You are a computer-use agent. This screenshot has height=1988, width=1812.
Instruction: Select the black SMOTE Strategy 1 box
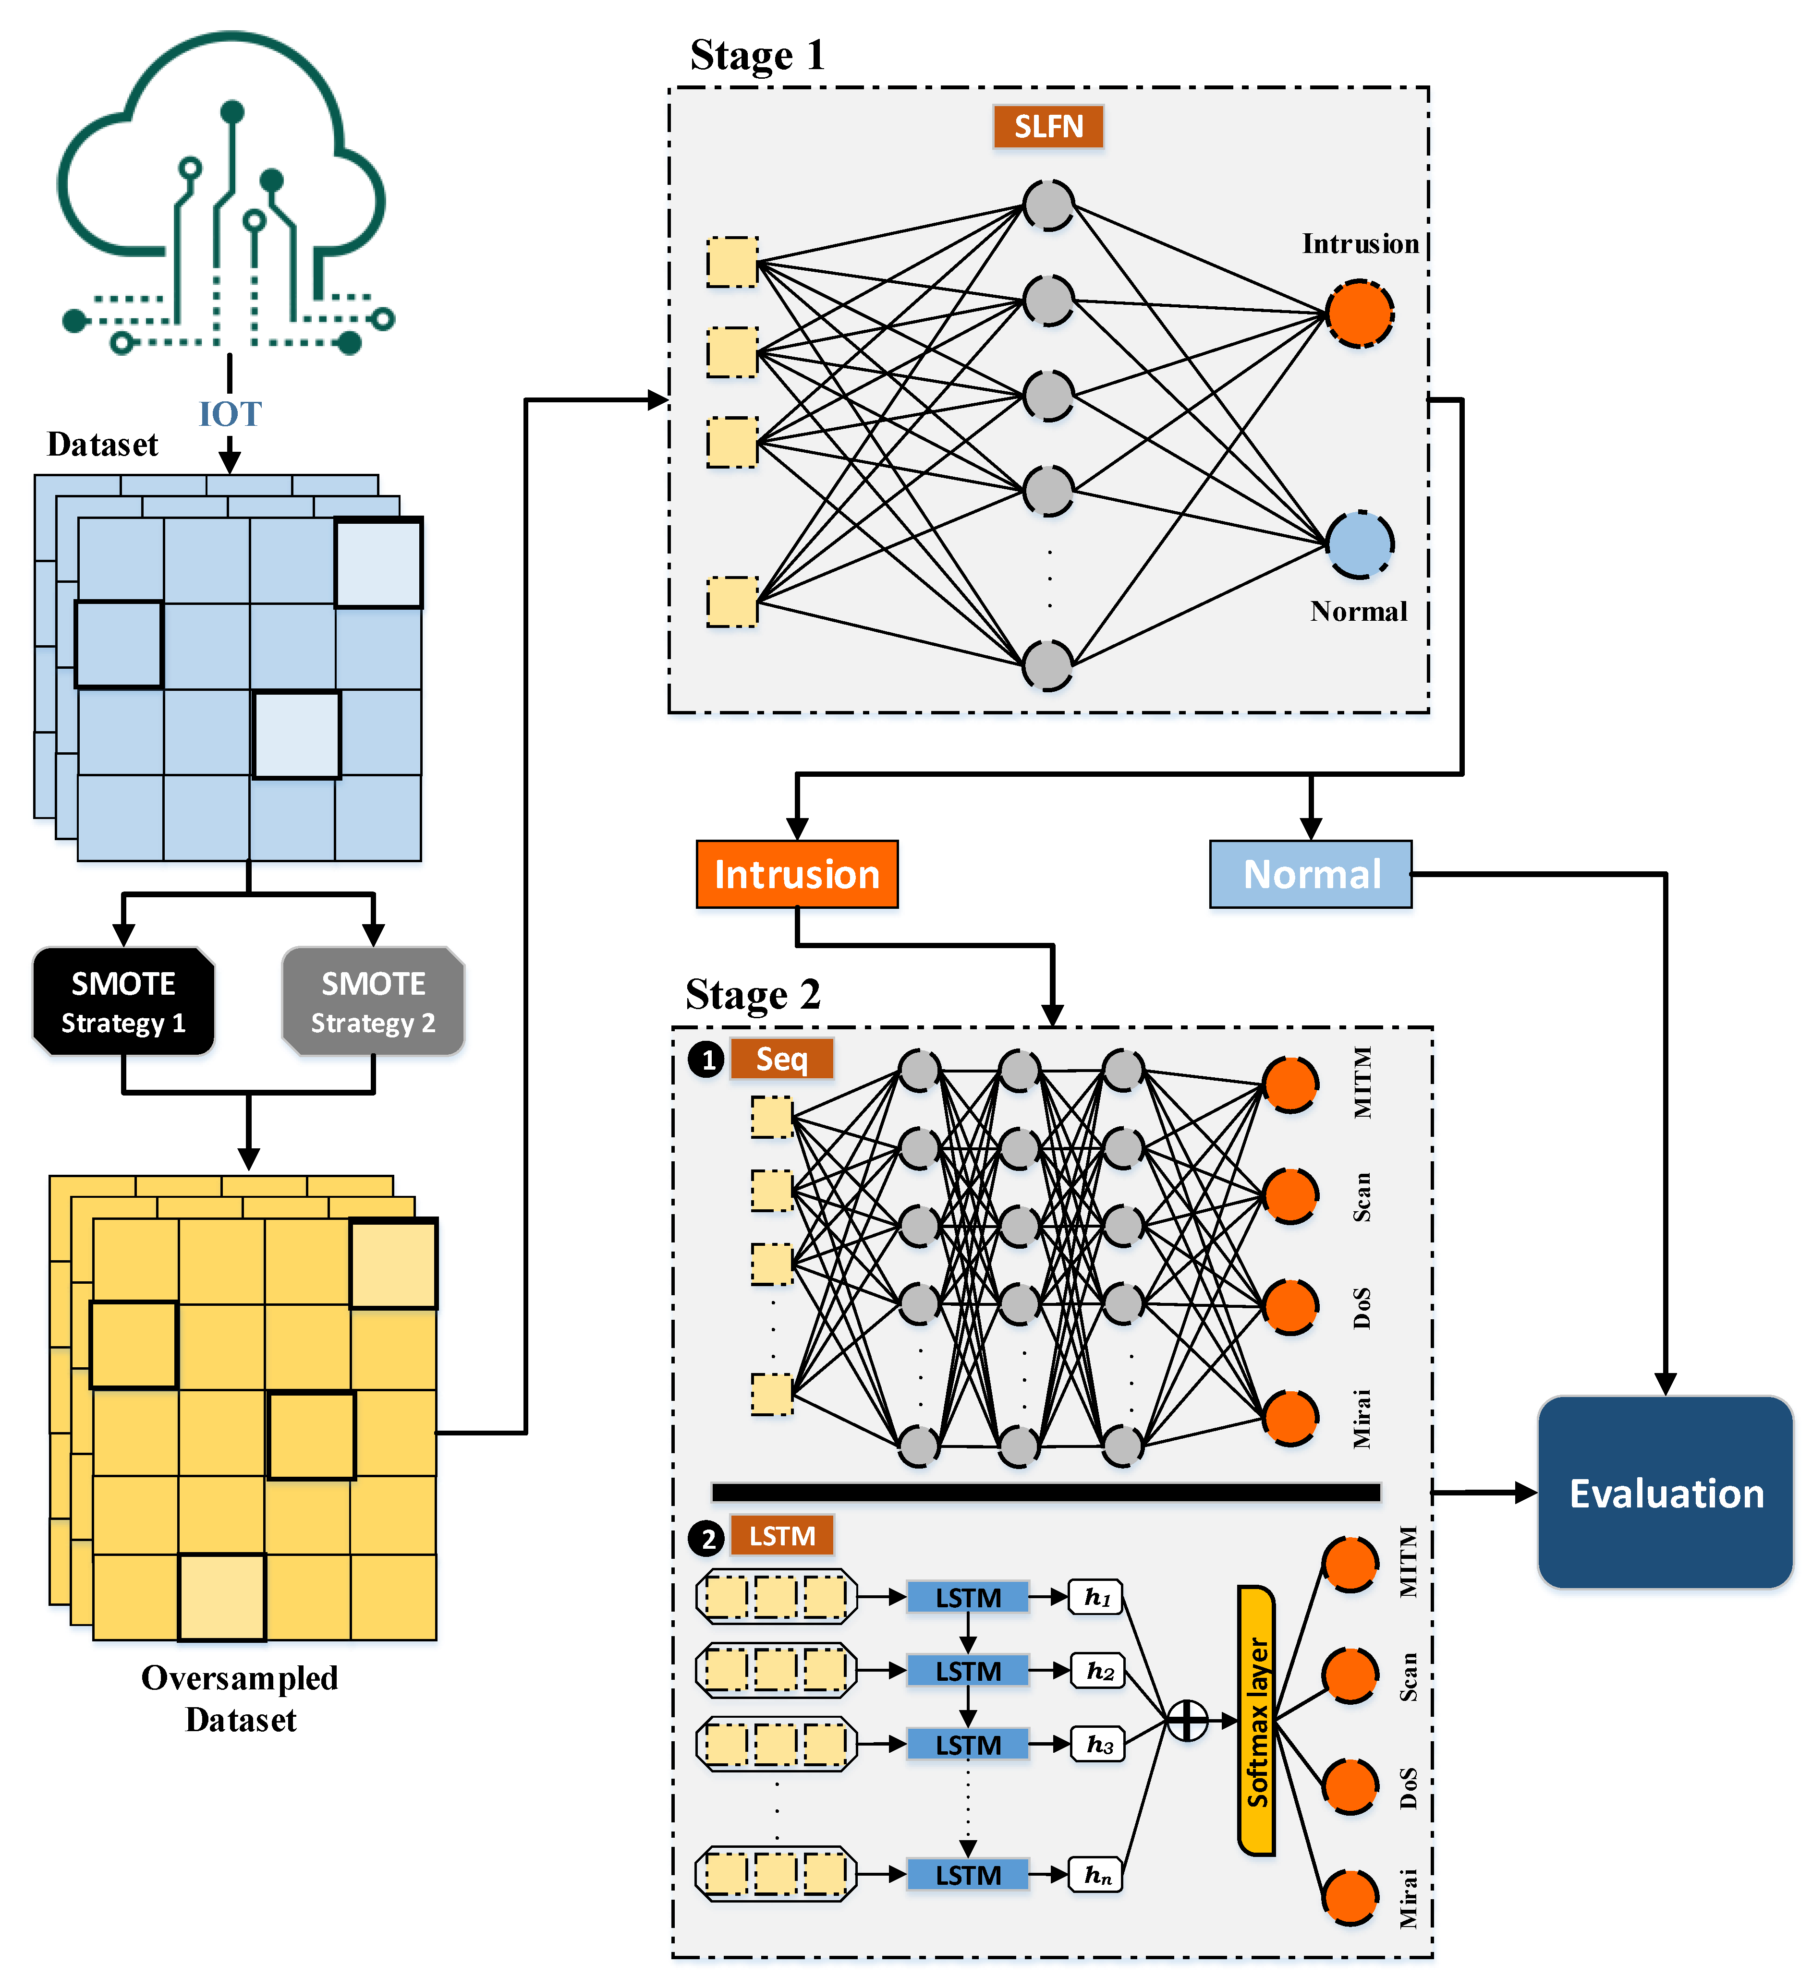pyautogui.click(x=123, y=1002)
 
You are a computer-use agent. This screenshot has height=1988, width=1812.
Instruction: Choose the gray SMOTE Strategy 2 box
pyautogui.click(x=373, y=1002)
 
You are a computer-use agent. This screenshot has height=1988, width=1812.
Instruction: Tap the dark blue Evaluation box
pyautogui.click(x=1665, y=1493)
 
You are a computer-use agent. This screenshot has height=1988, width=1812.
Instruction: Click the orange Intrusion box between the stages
pyautogui.click(x=797, y=874)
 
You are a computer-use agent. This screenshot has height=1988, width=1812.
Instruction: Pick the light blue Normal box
pyautogui.click(x=1311, y=874)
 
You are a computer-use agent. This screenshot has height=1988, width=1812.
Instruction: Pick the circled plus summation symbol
pyautogui.click(x=1188, y=1721)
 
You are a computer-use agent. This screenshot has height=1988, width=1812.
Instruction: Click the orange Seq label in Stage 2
pyautogui.click(x=782, y=1059)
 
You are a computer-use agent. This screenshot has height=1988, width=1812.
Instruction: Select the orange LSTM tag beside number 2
pyautogui.click(x=782, y=1535)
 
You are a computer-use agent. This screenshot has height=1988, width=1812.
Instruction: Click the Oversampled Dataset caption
pyautogui.click(x=240, y=1698)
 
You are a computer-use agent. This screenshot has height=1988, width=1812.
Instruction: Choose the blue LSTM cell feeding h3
pyautogui.click(x=968, y=1745)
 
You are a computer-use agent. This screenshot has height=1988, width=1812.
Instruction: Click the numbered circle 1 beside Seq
pyautogui.click(x=706, y=1060)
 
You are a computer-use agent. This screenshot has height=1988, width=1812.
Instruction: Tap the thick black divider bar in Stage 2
pyautogui.click(x=1046, y=1492)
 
